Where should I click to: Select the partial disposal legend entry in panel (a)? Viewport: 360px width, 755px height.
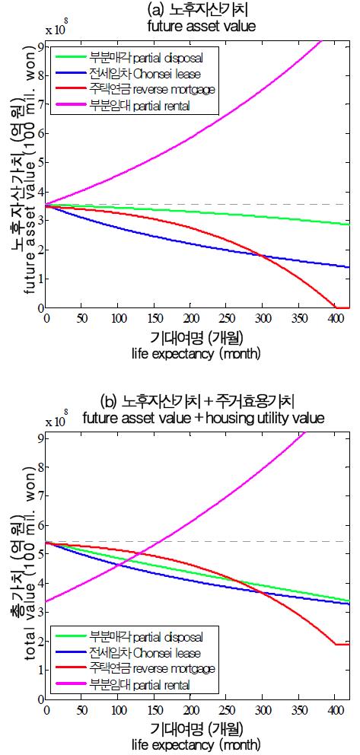coord(113,56)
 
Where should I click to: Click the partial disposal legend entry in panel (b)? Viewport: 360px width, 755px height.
coord(113,636)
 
